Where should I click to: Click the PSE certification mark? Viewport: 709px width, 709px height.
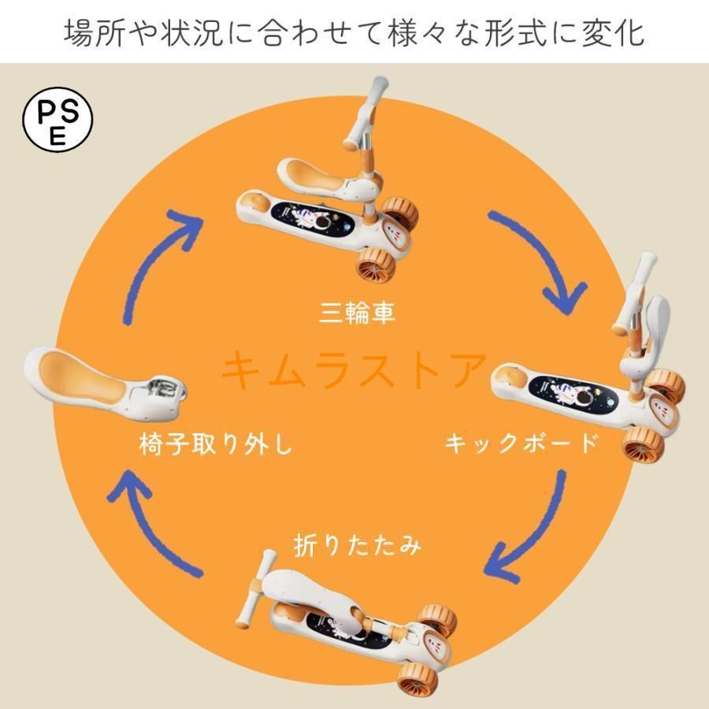click(x=58, y=120)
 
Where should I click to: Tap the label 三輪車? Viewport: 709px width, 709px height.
click(x=357, y=312)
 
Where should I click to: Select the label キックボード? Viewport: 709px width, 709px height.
click(x=522, y=443)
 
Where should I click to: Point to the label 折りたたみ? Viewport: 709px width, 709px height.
click(x=357, y=545)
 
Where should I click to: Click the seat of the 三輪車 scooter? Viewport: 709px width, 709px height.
click(x=317, y=179)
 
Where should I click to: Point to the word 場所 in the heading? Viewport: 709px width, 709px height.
click(x=94, y=32)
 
